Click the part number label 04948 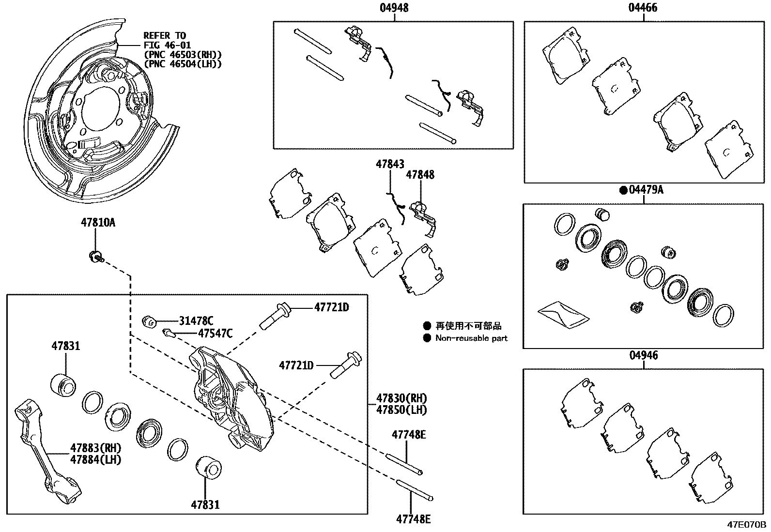pyautogui.click(x=394, y=8)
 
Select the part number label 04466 pyautogui.click(x=643, y=8)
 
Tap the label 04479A pyautogui.click(x=646, y=190)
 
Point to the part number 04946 pyautogui.click(x=644, y=356)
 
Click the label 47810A pyautogui.click(x=98, y=223)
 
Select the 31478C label pyautogui.click(x=196, y=320)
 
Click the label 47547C pyautogui.click(x=215, y=333)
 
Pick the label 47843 pyautogui.click(x=390, y=165)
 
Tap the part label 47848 pyautogui.click(x=420, y=175)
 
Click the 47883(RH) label pyautogui.click(x=95, y=447)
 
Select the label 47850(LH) pyautogui.click(x=401, y=410)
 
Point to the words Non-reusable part pyautogui.click(x=471, y=338)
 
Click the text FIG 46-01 pyautogui.click(x=167, y=45)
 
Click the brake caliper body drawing pyautogui.click(x=230, y=397)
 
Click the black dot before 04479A pyautogui.click(x=623, y=190)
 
